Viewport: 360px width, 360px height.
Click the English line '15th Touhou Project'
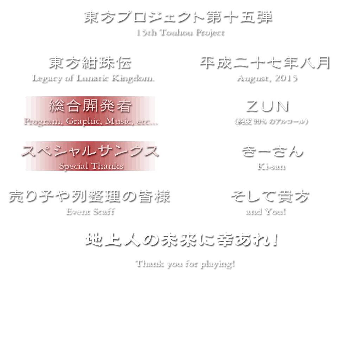180,32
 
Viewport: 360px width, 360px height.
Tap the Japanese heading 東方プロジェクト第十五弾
178,17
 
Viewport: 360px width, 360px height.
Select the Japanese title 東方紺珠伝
89,62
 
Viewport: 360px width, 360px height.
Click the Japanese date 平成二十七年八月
264,62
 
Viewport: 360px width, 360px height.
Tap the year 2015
285,77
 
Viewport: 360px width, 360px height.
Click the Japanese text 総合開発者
90,106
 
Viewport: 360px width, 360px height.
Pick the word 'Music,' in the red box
119,121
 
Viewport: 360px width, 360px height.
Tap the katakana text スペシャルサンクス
90,151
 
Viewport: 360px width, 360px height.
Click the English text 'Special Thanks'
91,166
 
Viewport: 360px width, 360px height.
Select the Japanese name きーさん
271,151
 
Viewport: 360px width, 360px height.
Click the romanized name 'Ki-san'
270,166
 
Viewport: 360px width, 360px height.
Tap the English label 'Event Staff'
90,211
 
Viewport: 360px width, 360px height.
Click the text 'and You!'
265,211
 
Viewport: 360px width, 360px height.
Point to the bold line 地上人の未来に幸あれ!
181,240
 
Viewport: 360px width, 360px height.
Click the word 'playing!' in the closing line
217,263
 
